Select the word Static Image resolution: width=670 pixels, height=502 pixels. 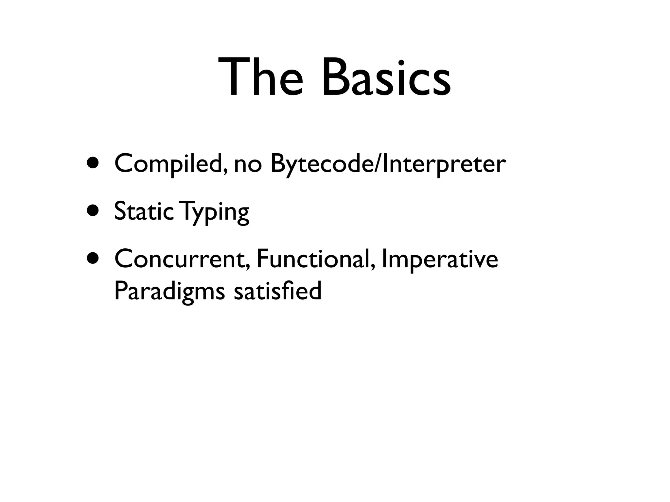click(144, 211)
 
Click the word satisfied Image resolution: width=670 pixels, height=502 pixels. click(278, 291)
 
